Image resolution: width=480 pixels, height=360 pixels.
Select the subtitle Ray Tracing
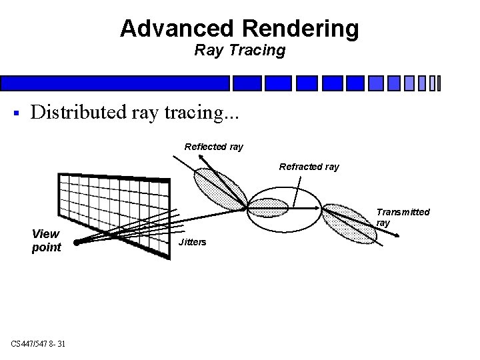pos(239,50)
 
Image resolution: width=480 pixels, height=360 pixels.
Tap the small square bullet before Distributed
pos(15,111)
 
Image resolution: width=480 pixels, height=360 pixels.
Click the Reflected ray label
pos(213,146)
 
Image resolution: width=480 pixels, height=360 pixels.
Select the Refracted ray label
pos(309,167)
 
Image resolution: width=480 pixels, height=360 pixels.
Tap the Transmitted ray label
pos(402,217)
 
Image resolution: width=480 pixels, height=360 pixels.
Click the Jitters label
pos(193,241)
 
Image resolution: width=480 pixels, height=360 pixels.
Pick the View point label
pos(46,241)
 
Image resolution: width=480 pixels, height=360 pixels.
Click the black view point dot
pos(76,243)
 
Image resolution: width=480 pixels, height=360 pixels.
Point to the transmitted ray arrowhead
pos(397,235)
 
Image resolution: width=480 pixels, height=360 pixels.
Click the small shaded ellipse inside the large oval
pos(269,209)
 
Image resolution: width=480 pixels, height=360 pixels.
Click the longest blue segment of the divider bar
pos(115,83)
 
